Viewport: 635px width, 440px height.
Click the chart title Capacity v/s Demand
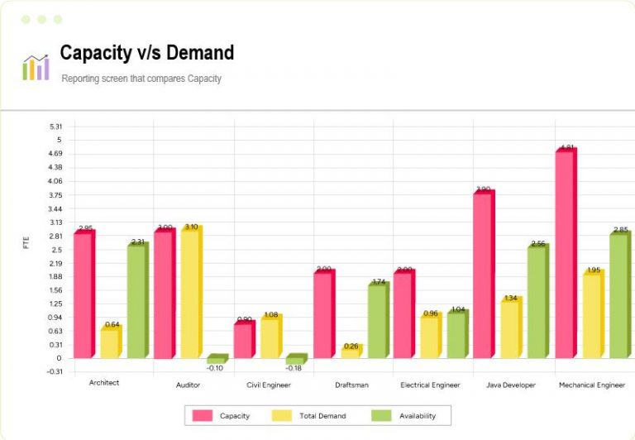(146, 53)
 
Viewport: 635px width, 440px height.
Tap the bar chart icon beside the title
(36, 67)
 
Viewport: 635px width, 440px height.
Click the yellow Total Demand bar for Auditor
(190, 293)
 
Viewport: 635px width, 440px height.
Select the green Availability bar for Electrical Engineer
(456, 335)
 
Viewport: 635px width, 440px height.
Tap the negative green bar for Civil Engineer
(295, 361)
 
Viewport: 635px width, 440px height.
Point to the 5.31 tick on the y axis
(55, 127)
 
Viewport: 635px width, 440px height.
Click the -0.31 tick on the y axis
(55, 371)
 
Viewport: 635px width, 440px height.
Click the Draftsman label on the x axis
(351, 385)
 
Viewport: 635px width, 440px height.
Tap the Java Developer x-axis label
(511, 385)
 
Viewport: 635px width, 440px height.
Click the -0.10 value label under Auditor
(214, 368)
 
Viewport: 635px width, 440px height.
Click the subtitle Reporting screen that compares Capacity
(141, 79)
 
